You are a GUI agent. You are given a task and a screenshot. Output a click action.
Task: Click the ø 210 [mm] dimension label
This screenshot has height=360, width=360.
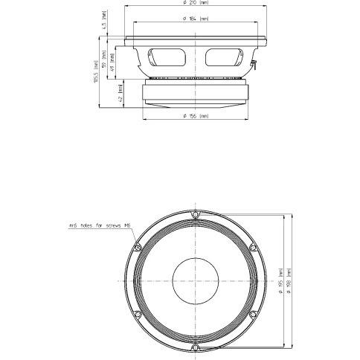point(194,4)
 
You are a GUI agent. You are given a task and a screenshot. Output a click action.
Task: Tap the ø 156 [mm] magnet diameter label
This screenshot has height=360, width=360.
point(194,117)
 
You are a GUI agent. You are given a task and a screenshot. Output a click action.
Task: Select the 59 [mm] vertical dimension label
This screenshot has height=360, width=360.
point(103,57)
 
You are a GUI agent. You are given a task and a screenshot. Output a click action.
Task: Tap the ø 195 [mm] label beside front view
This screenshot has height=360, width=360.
point(280,281)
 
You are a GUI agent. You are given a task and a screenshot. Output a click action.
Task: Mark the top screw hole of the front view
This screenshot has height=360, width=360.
point(195,216)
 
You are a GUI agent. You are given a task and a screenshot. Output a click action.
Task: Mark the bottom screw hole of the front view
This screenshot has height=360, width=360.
point(195,347)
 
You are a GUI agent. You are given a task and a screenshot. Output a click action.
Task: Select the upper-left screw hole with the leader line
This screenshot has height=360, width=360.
point(138,248)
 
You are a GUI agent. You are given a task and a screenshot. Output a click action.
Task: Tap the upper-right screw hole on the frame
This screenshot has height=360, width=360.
point(251,248)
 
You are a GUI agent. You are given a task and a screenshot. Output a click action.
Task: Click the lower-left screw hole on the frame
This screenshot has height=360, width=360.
point(138,314)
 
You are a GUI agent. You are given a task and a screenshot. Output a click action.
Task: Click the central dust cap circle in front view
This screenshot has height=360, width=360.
point(194,281)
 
